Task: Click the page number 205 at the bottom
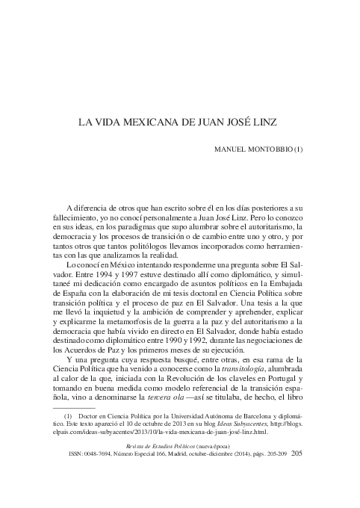pos(296,473)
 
